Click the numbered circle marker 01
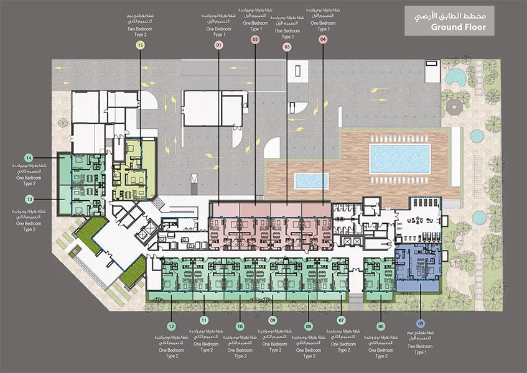218,45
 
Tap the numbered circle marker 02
255,39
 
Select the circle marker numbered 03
287,47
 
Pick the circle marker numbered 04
323,39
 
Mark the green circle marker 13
29,199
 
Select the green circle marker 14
29,157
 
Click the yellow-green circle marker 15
140,45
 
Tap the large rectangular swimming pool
399,157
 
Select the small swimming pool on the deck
310,181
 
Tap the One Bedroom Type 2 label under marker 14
29,180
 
